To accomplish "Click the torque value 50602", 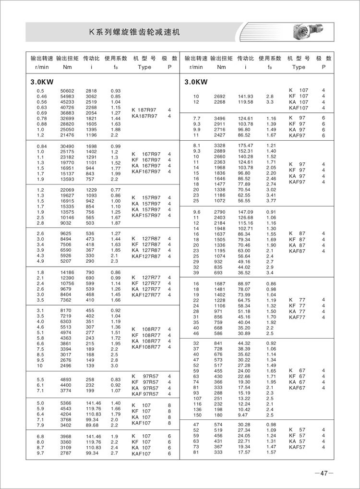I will point(66,91).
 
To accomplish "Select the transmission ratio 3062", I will point(92,97).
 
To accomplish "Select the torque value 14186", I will point(66,272).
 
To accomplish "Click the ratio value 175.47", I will point(245,145).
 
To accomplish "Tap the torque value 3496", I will point(219,119).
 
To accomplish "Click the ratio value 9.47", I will point(243,414).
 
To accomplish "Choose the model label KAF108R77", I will point(146,346).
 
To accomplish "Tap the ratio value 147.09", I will point(245,212).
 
